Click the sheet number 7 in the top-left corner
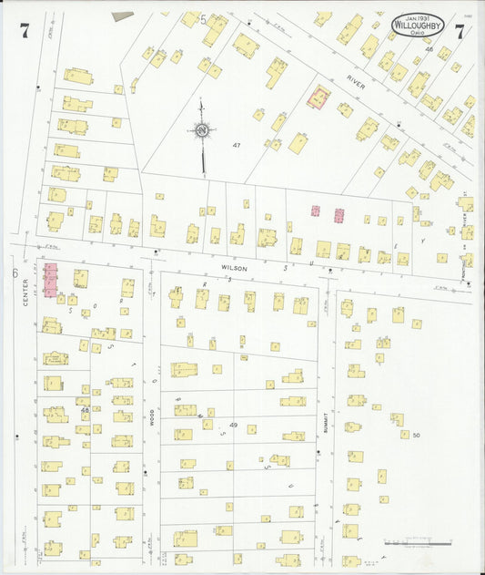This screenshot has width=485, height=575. [x=24, y=30]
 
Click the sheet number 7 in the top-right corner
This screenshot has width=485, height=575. [x=460, y=31]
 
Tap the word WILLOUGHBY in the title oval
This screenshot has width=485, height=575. [x=419, y=27]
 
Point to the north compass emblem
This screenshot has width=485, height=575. [x=201, y=132]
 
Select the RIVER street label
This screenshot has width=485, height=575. [x=356, y=83]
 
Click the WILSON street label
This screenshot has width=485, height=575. [x=234, y=268]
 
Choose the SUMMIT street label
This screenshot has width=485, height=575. [x=323, y=418]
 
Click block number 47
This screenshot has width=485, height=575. [x=237, y=146]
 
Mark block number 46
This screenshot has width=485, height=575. [x=429, y=49]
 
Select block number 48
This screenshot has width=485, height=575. [x=85, y=410]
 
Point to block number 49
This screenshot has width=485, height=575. [x=233, y=426]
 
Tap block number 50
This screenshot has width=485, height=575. [x=417, y=436]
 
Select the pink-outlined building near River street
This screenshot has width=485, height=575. [x=318, y=97]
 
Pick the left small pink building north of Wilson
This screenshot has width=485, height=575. [x=316, y=210]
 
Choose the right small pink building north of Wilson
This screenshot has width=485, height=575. [x=339, y=216]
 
